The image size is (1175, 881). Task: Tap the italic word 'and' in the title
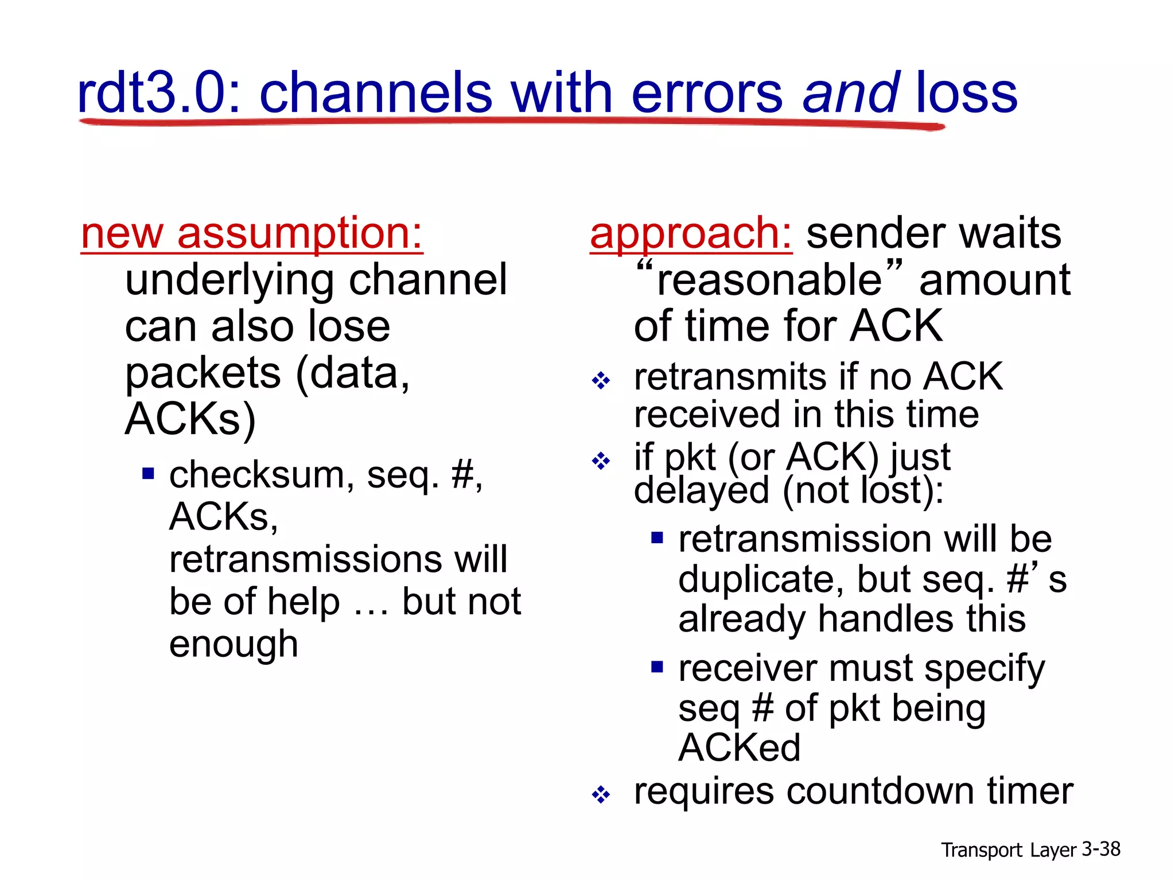tap(851, 93)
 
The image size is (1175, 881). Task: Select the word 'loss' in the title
tap(966, 93)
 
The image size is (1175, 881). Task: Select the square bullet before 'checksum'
tap(149, 474)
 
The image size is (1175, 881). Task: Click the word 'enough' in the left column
tap(234, 644)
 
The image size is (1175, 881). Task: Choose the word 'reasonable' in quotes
tap(769, 280)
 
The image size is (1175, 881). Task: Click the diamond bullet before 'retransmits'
tap(601, 380)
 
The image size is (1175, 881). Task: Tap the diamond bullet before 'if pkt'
tap(601, 461)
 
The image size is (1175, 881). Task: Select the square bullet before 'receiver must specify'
tap(657, 666)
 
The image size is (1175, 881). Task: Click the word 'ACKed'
tap(739, 748)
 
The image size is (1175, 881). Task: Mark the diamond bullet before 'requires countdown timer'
tap(601, 795)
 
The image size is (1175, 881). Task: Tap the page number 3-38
tap(1101, 849)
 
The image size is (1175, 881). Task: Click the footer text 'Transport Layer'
tap(1009, 850)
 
